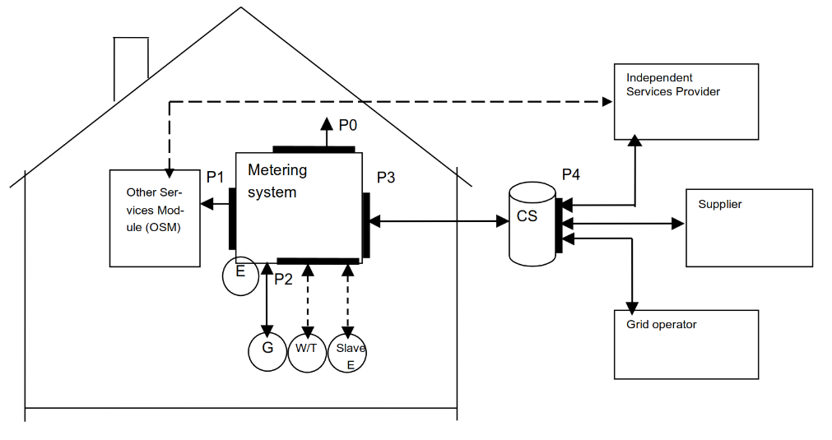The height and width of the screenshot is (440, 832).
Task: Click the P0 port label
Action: click(348, 125)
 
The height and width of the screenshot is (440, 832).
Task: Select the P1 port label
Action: click(216, 177)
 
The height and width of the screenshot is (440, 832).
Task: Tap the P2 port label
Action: click(283, 280)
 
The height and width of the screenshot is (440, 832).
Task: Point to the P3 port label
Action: click(386, 178)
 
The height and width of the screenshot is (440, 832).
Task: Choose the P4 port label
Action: click(571, 174)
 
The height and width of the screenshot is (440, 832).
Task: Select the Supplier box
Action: click(749, 228)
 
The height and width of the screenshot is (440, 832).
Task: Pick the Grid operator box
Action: click(686, 344)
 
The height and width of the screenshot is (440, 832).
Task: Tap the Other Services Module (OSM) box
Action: click(155, 218)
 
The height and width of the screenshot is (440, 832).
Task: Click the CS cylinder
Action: click(532, 224)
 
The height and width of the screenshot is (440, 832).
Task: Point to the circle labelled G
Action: click(267, 352)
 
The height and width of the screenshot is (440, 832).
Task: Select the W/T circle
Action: click(306, 352)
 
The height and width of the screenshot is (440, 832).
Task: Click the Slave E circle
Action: click(347, 354)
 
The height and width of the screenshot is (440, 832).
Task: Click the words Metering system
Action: click(277, 181)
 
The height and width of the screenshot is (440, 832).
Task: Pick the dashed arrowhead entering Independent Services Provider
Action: click(607, 102)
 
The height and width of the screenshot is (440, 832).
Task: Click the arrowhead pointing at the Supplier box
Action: click(679, 223)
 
